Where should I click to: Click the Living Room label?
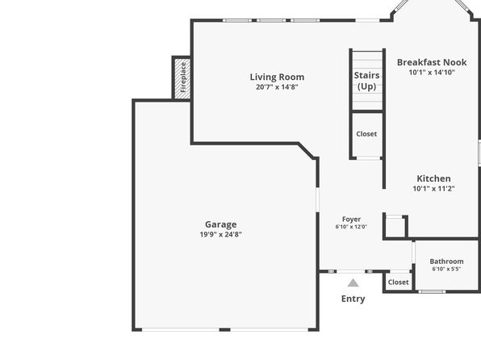[277, 77]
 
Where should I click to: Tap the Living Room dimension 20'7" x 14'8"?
[277, 87]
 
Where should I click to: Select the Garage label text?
[221, 224]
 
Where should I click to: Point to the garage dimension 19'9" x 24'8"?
[221, 234]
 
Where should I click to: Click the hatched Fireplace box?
[182, 78]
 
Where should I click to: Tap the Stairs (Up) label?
[367, 81]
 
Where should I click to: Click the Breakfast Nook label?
[432, 62]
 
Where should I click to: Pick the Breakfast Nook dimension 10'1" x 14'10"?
[432, 73]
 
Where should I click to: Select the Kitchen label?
[433, 178]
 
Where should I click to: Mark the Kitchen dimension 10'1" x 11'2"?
[433, 188]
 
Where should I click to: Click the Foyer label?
[352, 219]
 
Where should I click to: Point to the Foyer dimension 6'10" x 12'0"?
[352, 227]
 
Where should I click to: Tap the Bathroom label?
[446, 262]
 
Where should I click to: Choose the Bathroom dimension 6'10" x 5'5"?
[446, 269]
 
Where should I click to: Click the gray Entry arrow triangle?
[353, 283]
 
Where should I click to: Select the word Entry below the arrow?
[353, 299]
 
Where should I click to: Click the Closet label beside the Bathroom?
[398, 283]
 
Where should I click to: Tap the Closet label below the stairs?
[366, 134]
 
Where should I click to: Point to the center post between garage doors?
[225, 329]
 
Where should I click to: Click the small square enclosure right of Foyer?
[395, 227]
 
